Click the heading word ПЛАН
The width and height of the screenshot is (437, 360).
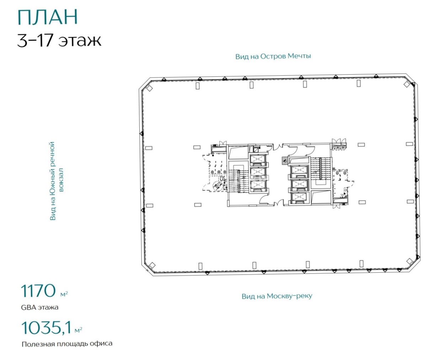48,17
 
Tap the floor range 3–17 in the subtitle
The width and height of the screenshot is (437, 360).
35,41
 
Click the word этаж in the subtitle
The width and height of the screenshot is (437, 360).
80,41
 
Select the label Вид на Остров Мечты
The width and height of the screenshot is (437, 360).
273,56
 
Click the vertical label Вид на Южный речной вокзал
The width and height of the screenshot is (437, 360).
56,181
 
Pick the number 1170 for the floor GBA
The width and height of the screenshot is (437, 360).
38,291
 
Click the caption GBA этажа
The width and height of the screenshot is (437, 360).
39,307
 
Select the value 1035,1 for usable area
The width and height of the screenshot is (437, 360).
46,328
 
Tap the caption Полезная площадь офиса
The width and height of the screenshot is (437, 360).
67,344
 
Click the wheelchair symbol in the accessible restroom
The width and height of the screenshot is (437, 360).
218,186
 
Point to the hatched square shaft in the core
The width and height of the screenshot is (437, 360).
285,161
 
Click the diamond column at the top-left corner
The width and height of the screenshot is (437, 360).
149,88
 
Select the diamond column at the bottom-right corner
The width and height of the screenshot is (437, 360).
410,261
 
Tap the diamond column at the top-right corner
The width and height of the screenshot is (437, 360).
407,84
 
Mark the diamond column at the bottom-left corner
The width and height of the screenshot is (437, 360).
152,265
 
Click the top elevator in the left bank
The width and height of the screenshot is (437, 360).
258,159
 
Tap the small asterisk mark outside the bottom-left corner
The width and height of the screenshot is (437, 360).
147,270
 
